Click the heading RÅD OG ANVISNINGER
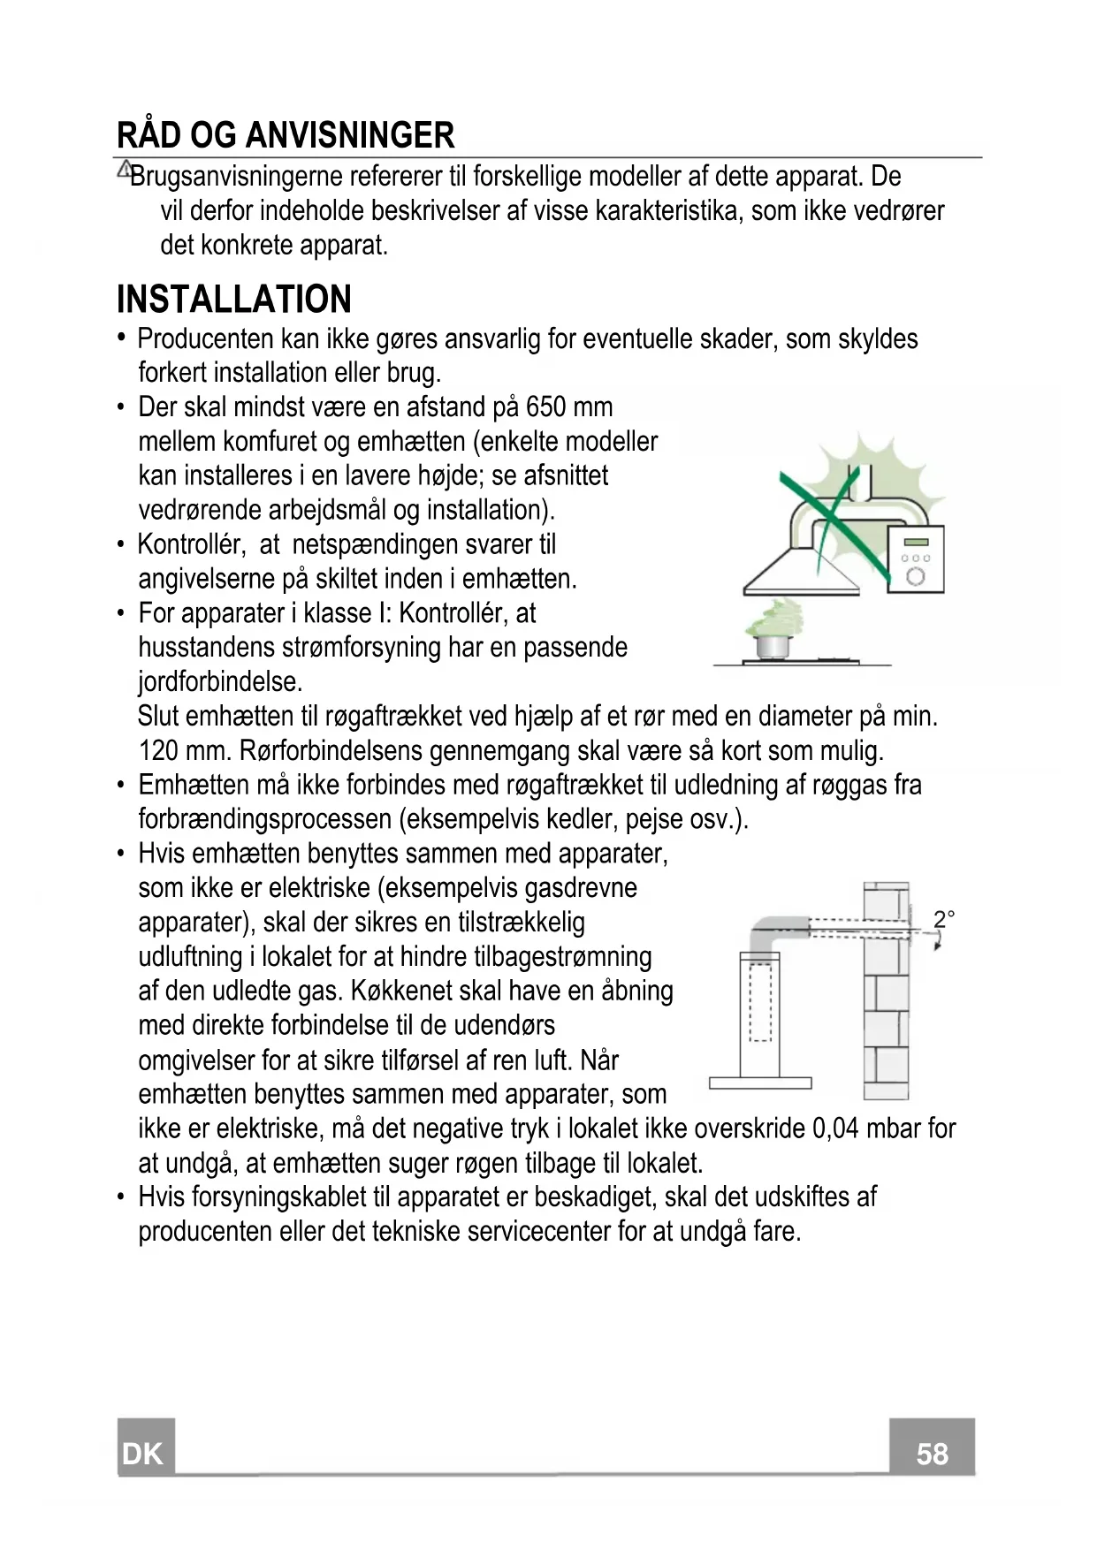(x=286, y=135)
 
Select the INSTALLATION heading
(x=234, y=300)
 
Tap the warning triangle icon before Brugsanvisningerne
(x=125, y=168)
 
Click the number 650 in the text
(x=546, y=407)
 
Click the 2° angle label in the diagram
(x=943, y=919)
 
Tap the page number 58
(x=932, y=1454)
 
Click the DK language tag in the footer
(x=143, y=1454)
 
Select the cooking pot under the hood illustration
(x=772, y=645)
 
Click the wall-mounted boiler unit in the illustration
(x=916, y=560)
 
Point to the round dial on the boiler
(x=916, y=577)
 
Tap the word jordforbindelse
(x=220, y=682)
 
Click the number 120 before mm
(x=159, y=751)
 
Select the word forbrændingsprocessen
(x=265, y=820)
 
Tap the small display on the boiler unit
(x=916, y=542)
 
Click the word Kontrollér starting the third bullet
(x=190, y=545)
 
